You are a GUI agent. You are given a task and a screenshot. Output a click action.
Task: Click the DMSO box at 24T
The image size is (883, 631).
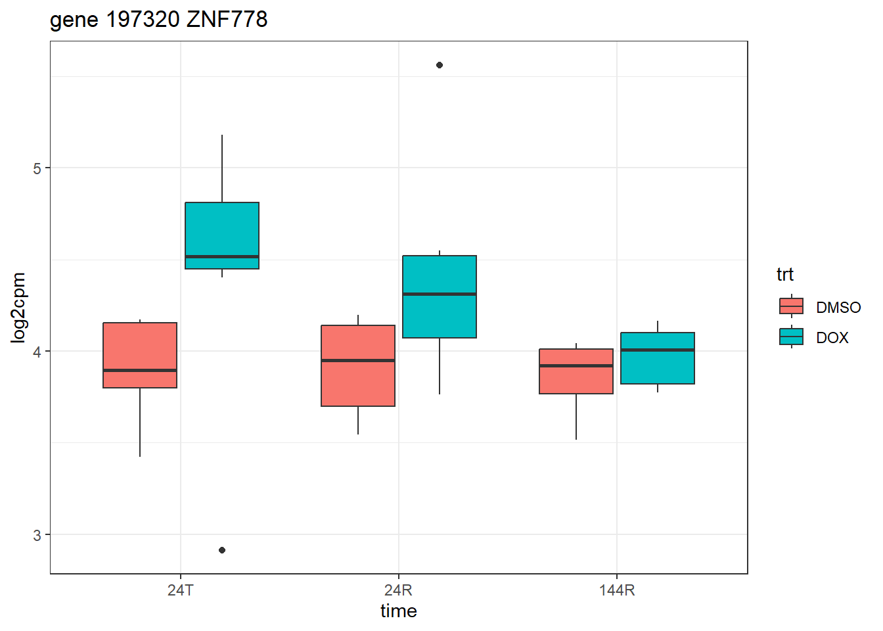tap(140, 355)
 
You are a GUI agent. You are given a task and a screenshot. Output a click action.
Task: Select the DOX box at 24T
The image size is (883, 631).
tap(222, 235)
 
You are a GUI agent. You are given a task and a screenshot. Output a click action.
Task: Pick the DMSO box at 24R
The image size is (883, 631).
tap(358, 365)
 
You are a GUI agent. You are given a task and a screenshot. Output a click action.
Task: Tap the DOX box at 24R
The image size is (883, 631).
tap(440, 296)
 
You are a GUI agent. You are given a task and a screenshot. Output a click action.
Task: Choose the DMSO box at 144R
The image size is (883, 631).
tap(576, 371)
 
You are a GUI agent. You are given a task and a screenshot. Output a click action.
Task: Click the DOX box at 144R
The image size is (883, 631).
tap(658, 358)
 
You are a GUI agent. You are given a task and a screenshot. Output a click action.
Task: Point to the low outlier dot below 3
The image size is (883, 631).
tap(222, 550)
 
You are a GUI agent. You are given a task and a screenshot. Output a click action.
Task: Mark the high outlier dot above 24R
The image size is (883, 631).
tap(440, 65)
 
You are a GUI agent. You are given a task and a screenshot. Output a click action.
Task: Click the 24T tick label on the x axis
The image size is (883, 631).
tap(181, 590)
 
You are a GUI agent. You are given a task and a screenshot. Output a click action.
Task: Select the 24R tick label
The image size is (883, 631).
tap(399, 590)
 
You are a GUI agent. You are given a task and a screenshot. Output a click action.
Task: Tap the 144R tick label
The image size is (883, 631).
tap(617, 590)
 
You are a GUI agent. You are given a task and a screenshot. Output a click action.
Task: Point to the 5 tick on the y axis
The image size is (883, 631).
tap(37, 168)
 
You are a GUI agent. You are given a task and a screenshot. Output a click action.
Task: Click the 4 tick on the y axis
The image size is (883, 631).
tap(37, 352)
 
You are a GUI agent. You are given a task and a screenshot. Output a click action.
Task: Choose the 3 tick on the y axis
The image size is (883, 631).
tap(37, 535)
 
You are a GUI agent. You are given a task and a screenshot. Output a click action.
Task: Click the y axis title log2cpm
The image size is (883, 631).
tap(18, 308)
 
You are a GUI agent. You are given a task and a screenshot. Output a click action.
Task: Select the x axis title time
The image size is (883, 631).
tap(399, 611)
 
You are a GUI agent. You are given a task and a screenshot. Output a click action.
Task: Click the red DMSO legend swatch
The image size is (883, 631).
tap(791, 306)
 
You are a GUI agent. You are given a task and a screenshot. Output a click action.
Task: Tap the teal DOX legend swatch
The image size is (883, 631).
tap(791, 337)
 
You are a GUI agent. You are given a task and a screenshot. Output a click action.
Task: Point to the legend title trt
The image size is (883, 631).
tap(784, 274)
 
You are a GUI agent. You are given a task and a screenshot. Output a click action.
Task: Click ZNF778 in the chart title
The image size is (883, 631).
tap(227, 20)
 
